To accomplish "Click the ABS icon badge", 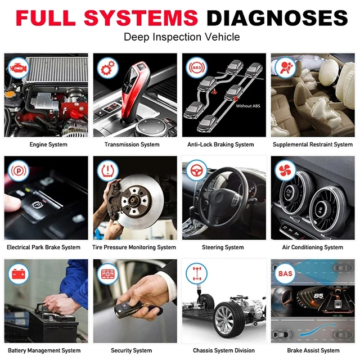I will (196, 67).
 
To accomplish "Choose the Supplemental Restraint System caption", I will (313, 145).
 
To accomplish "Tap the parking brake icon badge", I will (17, 170).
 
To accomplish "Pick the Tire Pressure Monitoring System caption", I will (134, 247).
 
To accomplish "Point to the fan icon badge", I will (285, 170).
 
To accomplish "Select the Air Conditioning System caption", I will (313, 247).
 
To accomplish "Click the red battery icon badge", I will (17, 273).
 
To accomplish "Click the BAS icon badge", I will (284, 273).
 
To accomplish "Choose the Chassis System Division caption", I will (223, 350).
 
